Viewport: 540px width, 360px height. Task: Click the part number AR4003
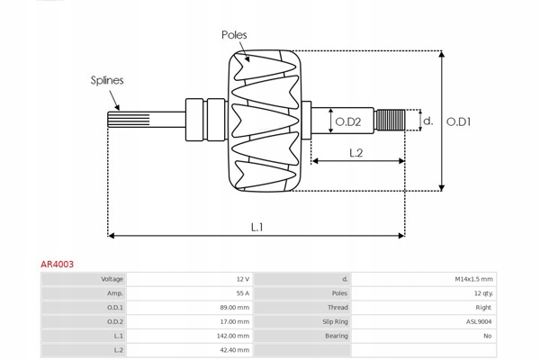pyautogui.click(x=58, y=265)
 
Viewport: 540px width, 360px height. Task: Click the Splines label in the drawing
pyautogui.click(x=106, y=80)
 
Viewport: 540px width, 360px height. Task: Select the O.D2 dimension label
pyautogui.click(x=348, y=121)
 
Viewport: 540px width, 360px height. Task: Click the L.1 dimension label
pyautogui.click(x=256, y=226)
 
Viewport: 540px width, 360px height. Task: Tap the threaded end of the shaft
pyautogui.click(x=389, y=120)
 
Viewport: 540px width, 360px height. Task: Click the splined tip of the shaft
pyautogui.click(x=122, y=121)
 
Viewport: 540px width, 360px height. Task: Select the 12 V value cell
pyautogui.click(x=244, y=279)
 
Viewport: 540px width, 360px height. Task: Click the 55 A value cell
pyautogui.click(x=243, y=293)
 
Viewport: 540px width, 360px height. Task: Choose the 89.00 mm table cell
pyautogui.click(x=236, y=308)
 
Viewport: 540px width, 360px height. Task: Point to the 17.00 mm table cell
pyautogui.click(x=236, y=321)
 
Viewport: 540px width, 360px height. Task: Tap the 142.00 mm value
pyautogui.click(x=234, y=336)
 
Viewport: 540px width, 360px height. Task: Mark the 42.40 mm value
pyautogui.click(x=236, y=349)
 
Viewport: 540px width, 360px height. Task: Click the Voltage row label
pyautogui.click(x=112, y=279)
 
